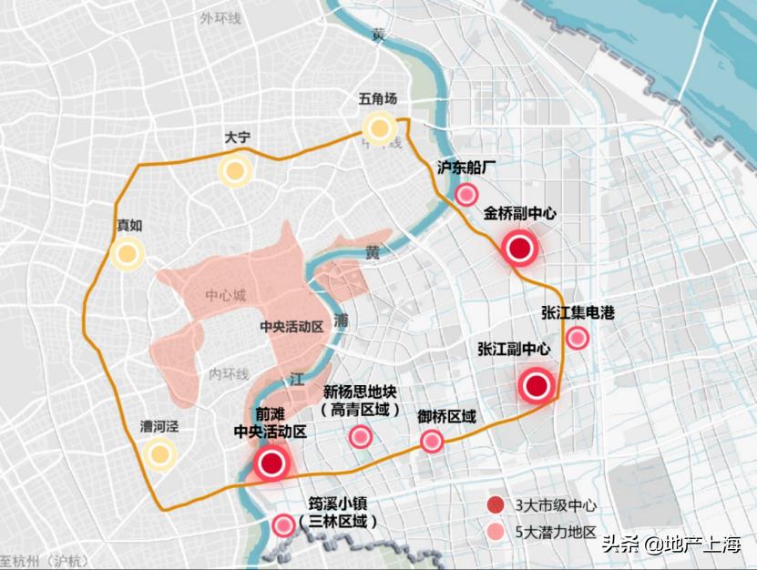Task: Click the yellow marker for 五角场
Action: click(378, 127)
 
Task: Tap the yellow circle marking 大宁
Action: click(234, 169)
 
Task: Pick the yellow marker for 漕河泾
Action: click(159, 453)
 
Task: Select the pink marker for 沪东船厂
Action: click(467, 194)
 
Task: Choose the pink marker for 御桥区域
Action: click(432, 443)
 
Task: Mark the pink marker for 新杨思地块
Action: click(361, 436)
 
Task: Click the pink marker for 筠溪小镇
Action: click(284, 524)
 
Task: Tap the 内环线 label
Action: click(228, 373)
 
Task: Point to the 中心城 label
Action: click(226, 295)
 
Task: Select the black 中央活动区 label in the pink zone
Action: click(292, 325)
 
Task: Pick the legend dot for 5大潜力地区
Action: click(496, 532)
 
